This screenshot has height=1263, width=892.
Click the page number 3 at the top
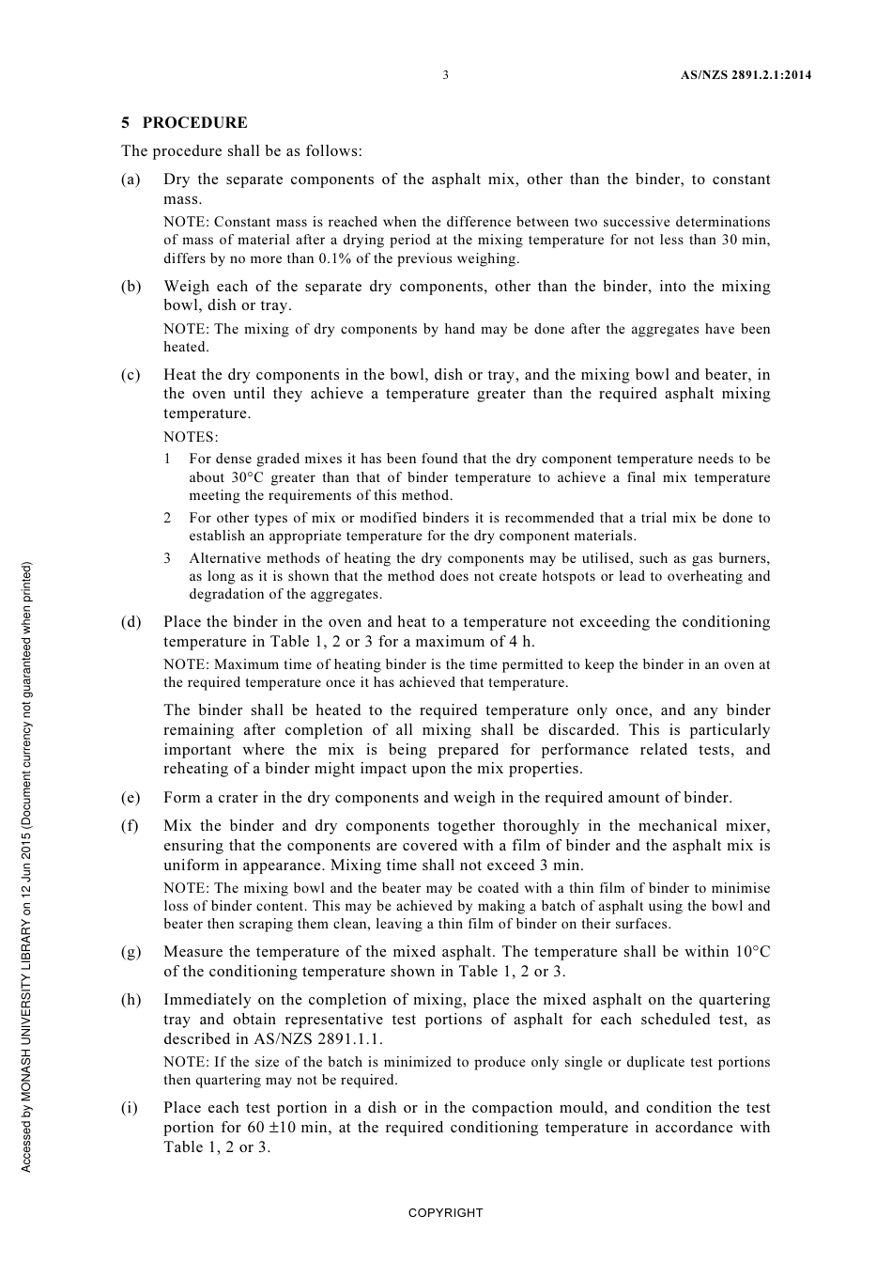pyautogui.click(x=445, y=75)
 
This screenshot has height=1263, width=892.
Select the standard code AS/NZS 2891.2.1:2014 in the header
pyautogui.click(x=746, y=75)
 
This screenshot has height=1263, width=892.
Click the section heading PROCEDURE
pyautogui.click(x=195, y=123)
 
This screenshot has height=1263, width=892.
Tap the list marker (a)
pyautogui.click(x=131, y=179)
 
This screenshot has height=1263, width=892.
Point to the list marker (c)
pyautogui.click(x=131, y=375)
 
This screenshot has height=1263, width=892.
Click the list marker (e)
pyautogui.click(x=131, y=798)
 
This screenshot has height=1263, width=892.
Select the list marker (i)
pyautogui.click(x=130, y=1108)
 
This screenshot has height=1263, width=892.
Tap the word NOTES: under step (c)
pyautogui.click(x=191, y=437)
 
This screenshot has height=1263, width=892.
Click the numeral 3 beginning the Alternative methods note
pyautogui.click(x=167, y=558)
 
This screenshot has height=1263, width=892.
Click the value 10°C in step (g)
pyautogui.click(x=749, y=952)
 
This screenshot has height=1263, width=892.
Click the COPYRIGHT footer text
pyautogui.click(x=445, y=1213)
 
